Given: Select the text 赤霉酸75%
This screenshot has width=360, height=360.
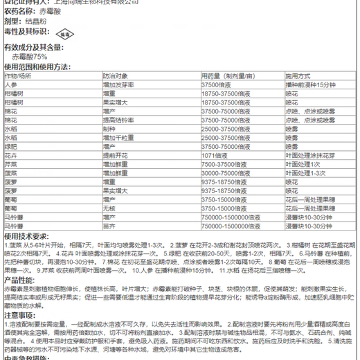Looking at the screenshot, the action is pos(32,57).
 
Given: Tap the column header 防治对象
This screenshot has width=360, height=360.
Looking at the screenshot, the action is pos(116,75).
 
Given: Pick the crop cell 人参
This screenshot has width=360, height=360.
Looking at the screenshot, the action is pos(10,83).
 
